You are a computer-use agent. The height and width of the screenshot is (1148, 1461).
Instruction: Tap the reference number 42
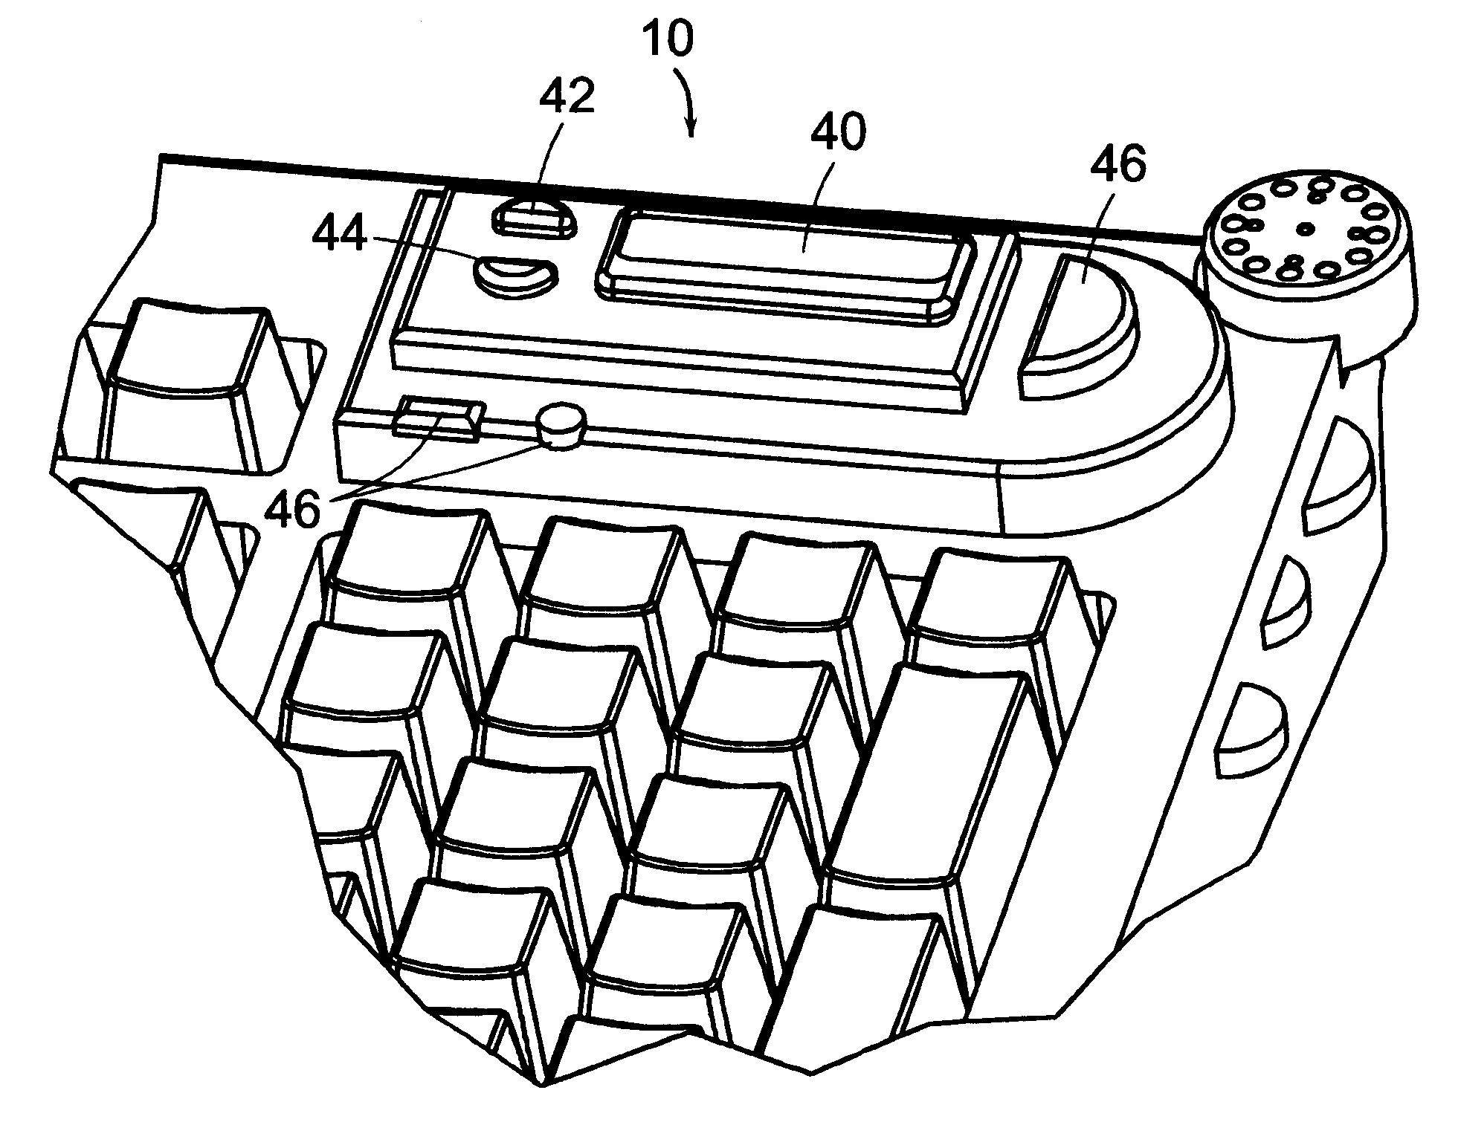(567, 97)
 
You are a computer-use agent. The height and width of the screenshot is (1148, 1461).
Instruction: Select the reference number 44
(339, 235)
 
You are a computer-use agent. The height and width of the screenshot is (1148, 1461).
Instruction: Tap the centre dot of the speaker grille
(1306, 228)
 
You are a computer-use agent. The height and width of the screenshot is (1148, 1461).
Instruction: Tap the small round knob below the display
(561, 424)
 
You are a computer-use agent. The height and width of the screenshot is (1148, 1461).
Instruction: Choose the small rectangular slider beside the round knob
(437, 418)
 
